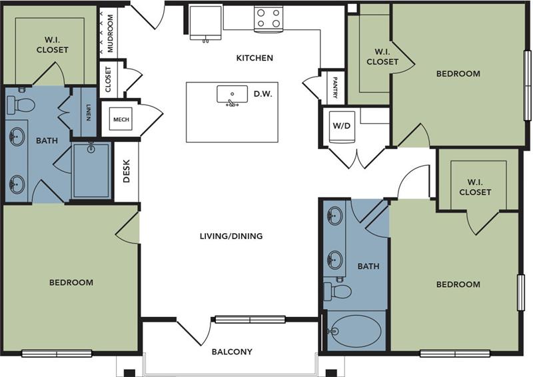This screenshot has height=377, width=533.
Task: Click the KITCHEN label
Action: [255, 58]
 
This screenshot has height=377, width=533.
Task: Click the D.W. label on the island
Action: [263, 95]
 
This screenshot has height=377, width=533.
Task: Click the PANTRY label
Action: [334, 87]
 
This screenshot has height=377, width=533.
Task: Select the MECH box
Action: [121, 119]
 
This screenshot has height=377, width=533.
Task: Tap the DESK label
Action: [127, 173]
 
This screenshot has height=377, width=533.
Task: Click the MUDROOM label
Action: [111, 33]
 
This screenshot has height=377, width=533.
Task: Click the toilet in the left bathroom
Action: [21, 105]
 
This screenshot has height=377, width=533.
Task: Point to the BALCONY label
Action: [232, 352]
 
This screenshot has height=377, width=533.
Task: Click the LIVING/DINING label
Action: [231, 236]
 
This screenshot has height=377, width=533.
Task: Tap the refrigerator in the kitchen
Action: [205, 23]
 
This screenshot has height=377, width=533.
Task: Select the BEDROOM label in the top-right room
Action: [458, 73]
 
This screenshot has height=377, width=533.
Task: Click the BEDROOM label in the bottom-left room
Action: [71, 282]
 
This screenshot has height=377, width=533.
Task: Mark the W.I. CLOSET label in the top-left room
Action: [52, 45]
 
